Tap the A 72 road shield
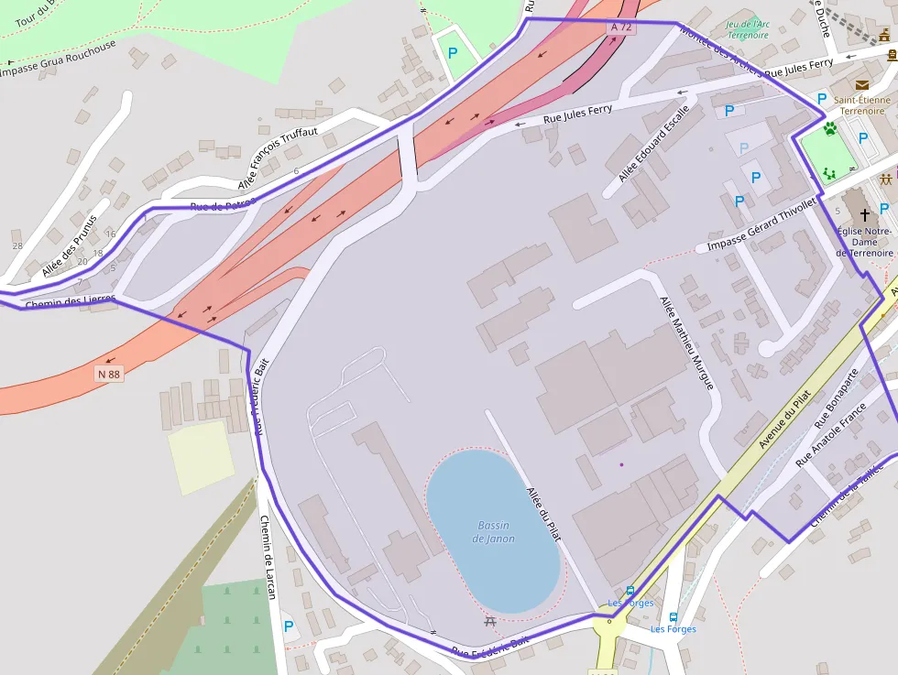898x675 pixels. pos(621,27)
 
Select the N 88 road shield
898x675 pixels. pos(109,374)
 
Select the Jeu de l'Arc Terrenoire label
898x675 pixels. pos(747,29)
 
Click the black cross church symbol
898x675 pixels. pos(864,214)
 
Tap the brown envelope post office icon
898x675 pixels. pos(861,85)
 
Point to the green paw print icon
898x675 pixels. pos(830,129)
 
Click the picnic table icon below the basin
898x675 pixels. pos(490,622)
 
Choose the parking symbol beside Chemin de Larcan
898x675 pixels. pos(289,626)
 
